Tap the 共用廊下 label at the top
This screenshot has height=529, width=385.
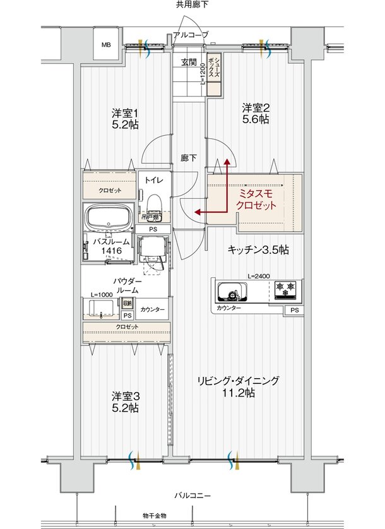coord(192,5)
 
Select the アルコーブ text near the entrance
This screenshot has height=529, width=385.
coord(190,35)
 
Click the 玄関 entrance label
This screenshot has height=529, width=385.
coord(189,62)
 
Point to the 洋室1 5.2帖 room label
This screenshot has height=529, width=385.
coord(125,119)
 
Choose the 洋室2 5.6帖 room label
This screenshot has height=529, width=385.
coord(256,112)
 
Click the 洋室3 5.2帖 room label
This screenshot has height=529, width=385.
coord(125,402)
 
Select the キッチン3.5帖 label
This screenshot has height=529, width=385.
coord(258,250)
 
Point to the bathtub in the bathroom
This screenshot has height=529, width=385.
coord(108,219)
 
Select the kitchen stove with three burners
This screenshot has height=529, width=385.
coord(286,291)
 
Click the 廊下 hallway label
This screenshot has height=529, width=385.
coord(188,158)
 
